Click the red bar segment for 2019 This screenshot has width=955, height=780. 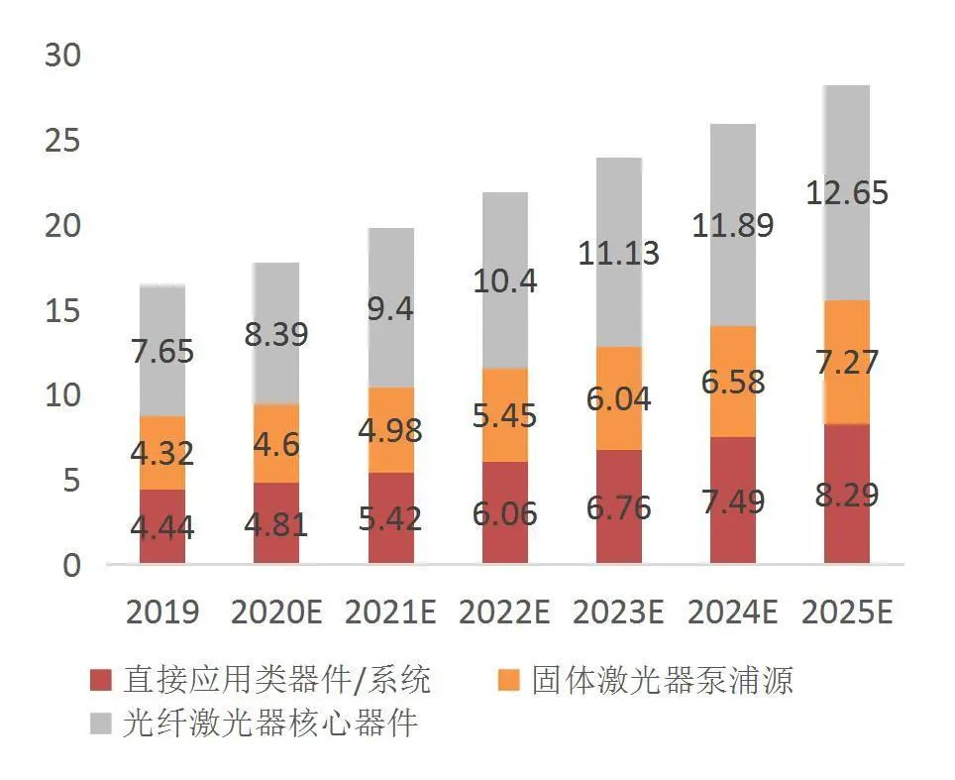tap(162, 526)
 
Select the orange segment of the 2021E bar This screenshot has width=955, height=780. tap(390, 430)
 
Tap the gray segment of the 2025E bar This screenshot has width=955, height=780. tap(846, 192)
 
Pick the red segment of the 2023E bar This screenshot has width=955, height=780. tap(618, 506)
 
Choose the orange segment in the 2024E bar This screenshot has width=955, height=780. tap(732, 382)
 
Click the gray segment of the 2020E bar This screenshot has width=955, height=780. tap(276, 333)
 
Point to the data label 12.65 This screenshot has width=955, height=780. tap(846, 192)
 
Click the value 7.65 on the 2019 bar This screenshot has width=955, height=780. tap(162, 351)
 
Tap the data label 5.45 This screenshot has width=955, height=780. tap(504, 414)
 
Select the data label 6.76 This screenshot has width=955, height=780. tap(618, 506)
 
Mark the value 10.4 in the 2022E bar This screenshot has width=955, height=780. tap(504, 280)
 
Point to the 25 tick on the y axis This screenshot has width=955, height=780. tap(62, 142)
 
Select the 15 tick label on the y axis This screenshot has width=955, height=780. tap(62, 311)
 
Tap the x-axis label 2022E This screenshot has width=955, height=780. tap(504, 613)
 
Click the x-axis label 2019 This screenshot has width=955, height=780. tap(162, 613)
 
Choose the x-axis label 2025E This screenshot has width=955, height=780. tap(846, 613)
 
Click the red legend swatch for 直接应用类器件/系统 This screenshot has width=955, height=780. tap(100, 680)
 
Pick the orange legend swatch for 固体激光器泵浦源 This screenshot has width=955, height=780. tap(508, 680)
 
